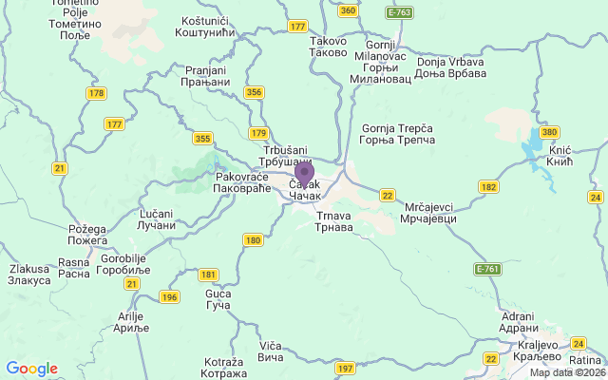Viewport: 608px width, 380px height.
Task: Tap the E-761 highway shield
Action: [x=487, y=269]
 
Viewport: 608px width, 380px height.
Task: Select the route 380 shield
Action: [x=549, y=132]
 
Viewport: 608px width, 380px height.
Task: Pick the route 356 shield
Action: [x=254, y=92]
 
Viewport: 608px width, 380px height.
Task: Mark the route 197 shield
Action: [x=345, y=368]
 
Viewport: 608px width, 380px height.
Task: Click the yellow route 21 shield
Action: [x=60, y=168]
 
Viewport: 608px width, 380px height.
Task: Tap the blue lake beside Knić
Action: [x=527, y=152]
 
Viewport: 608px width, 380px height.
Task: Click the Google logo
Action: [x=31, y=369]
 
